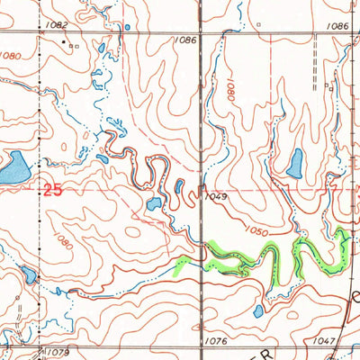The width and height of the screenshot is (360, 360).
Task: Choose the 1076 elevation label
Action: coord(214,341)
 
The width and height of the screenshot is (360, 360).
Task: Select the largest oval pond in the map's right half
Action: coord(294,163)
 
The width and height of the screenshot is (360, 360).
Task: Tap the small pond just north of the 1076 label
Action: coord(258,311)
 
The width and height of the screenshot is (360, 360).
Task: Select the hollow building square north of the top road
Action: coord(256,17)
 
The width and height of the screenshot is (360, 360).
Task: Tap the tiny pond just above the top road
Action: coord(126,27)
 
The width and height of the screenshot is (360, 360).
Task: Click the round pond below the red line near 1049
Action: coord(154,204)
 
